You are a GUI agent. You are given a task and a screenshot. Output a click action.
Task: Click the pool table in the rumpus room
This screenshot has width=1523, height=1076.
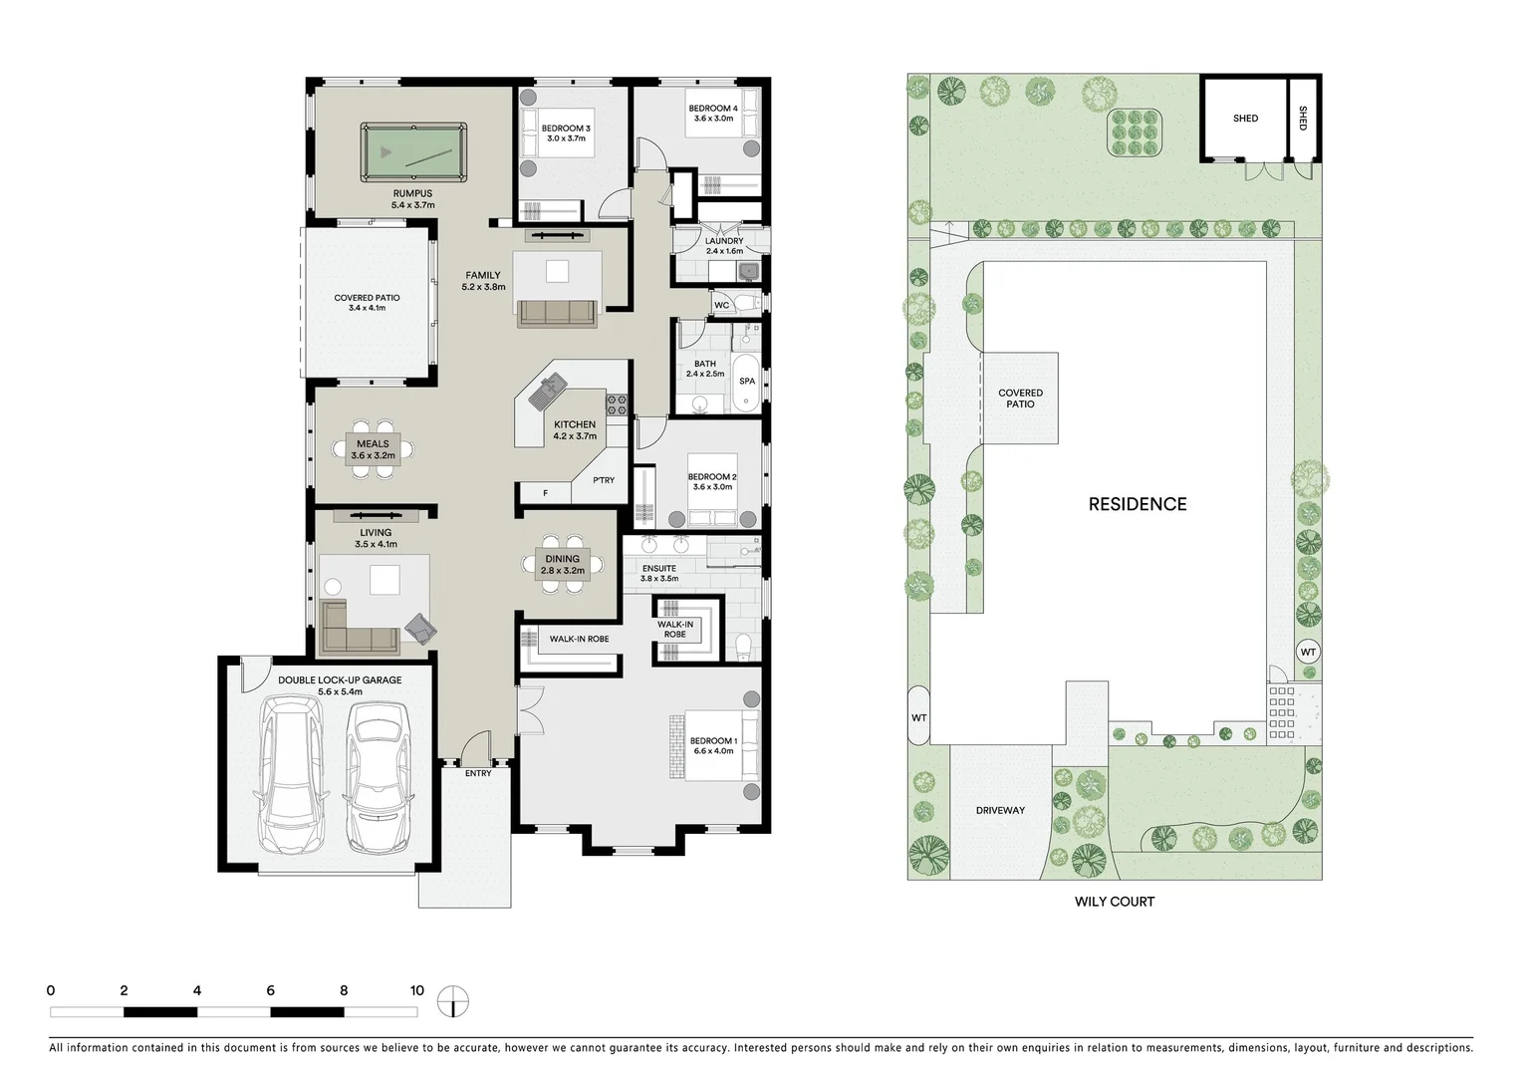412,152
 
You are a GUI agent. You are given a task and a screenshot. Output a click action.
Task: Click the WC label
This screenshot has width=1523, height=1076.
721,305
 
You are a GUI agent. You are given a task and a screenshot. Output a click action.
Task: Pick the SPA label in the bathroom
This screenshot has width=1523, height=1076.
746,382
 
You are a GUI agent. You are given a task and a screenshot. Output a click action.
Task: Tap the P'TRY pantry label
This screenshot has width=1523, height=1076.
604,480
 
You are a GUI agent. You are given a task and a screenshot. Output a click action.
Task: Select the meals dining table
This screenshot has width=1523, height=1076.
373,449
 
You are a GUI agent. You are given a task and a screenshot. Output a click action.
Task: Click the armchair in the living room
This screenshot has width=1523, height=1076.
421,627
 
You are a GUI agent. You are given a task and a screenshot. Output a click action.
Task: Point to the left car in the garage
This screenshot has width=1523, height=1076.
289,774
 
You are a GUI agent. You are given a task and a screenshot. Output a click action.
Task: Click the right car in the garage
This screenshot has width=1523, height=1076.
378,774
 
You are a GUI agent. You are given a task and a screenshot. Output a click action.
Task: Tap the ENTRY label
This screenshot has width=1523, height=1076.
477,773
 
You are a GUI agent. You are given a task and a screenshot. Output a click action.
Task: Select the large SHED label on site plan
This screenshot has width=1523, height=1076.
1245,119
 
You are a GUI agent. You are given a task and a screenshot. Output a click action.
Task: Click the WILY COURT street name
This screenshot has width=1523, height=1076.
1114,902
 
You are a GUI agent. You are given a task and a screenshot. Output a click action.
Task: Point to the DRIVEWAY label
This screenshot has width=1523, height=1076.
999,810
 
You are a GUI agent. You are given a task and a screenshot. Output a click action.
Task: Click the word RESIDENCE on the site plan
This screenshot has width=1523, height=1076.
1137,504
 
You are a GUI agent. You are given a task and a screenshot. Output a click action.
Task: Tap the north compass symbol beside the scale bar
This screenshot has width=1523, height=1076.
452,1001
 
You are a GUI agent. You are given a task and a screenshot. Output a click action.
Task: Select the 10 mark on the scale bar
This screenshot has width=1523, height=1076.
416,990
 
